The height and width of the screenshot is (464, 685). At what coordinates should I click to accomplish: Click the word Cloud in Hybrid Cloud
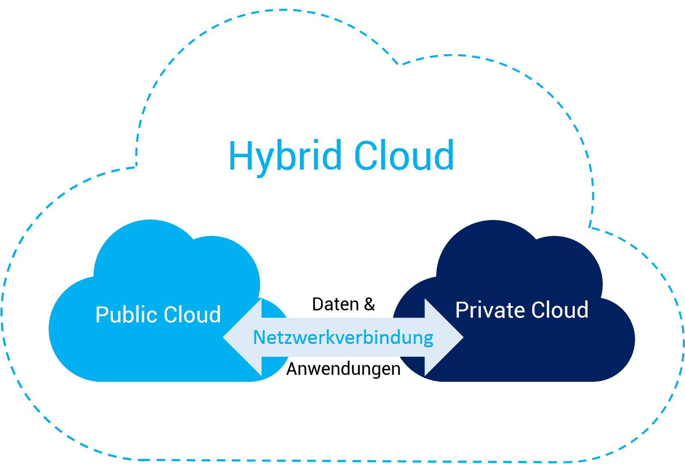403,156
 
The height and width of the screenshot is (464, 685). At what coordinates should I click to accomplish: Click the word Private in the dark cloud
490,310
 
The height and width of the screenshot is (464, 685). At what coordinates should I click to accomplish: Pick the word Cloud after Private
560,310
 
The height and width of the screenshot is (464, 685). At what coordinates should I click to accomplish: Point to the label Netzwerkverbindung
343,337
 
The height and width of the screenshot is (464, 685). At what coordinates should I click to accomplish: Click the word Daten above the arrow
335,304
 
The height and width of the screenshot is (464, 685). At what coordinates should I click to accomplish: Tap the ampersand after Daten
369,304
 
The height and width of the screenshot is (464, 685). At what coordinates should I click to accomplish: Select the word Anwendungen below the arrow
343,369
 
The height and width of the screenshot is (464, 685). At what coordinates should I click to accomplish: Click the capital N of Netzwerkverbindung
258,337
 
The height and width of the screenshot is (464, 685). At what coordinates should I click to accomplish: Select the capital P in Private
461,310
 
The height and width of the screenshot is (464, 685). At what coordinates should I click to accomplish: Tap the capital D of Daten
317,304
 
